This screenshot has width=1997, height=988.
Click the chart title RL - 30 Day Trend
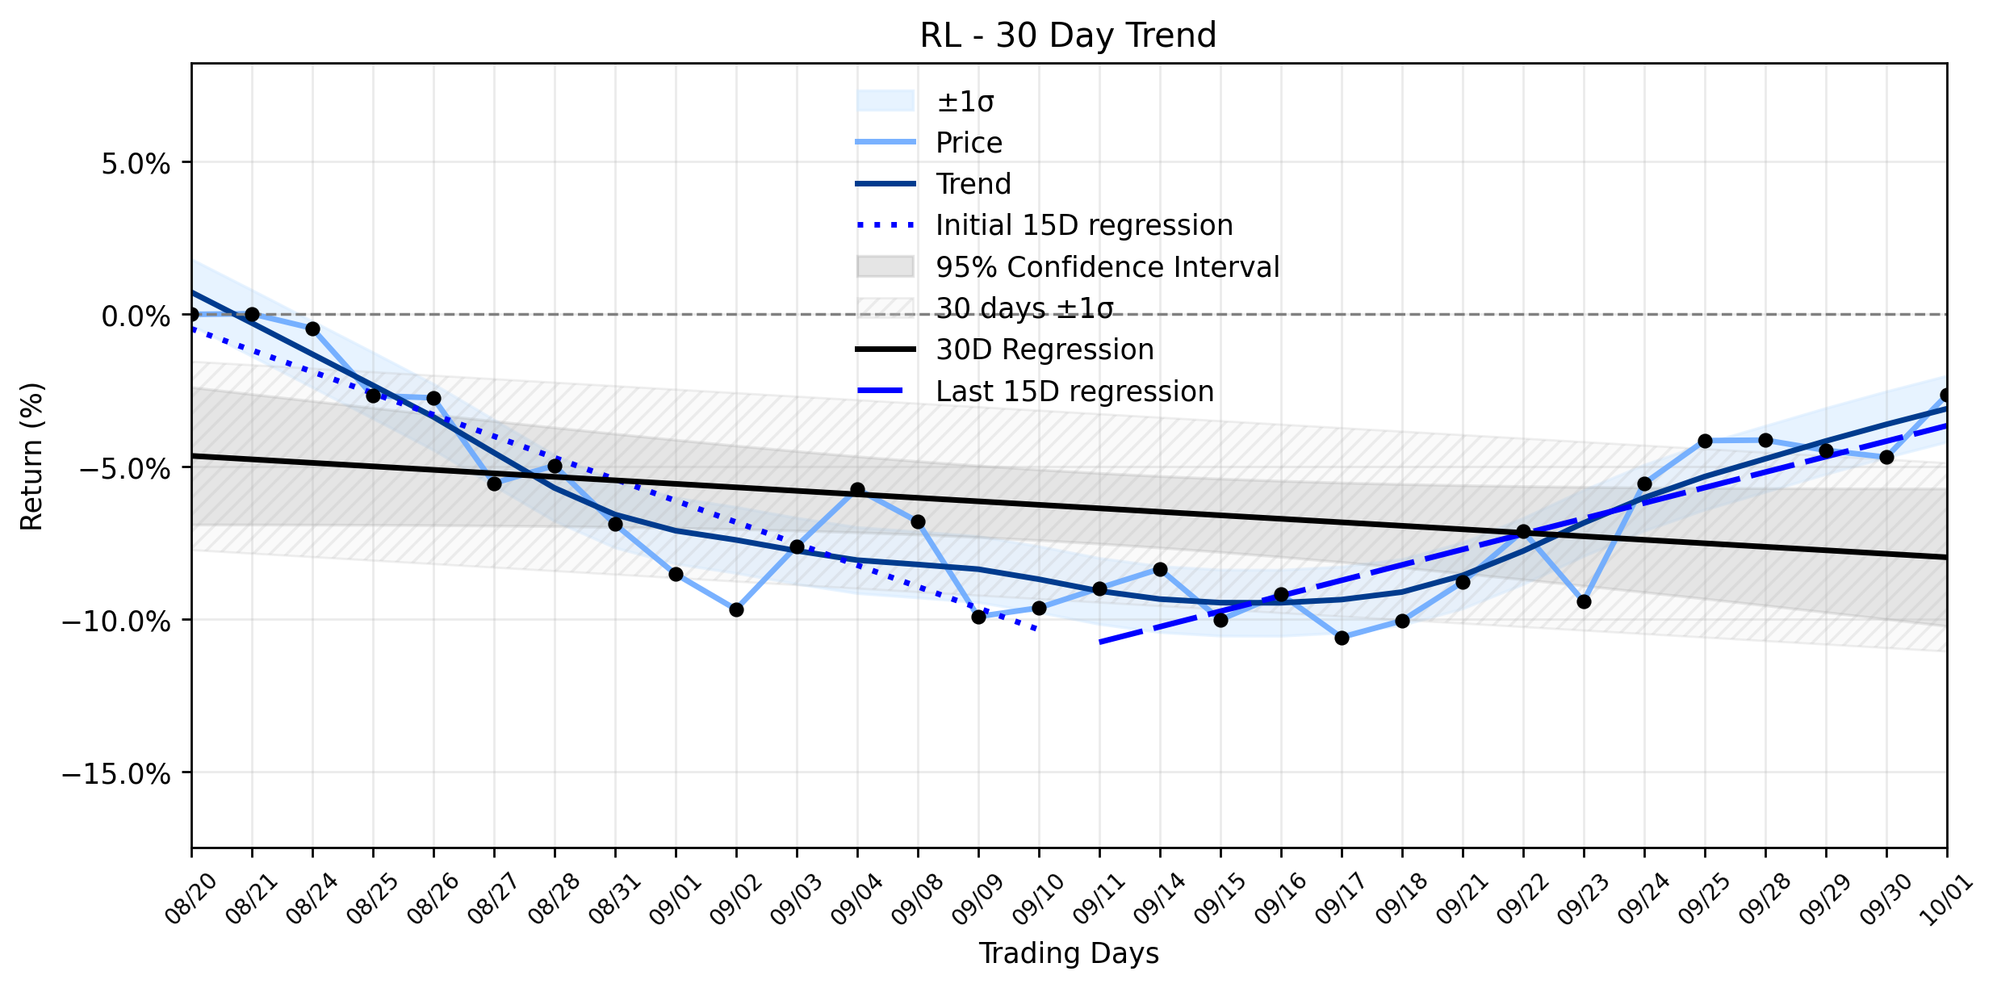pos(1068,36)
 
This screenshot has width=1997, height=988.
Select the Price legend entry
pos(929,143)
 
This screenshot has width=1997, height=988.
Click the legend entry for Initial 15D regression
pos(1045,225)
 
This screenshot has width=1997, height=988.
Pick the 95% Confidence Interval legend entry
pos(1068,267)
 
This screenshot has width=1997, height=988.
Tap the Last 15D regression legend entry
pos(1035,391)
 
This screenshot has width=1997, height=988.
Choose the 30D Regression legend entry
pos(1005,350)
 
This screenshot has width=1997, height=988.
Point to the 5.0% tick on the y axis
pos(136,163)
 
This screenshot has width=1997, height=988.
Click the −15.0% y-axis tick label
pos(116,773)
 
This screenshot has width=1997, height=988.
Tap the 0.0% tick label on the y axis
pos(136,316)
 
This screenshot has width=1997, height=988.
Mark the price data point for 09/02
pos(736,609)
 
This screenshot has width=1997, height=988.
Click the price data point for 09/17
pos(1342,638)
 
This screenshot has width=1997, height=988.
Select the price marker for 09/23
pos(1584,601)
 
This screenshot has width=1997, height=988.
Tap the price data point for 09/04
pos(857,490)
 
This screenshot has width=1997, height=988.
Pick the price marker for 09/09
pos(978,617)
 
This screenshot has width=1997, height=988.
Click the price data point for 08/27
pos(494,484)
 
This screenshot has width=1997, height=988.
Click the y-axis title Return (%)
pos(32,456)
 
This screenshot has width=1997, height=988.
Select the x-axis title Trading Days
pos(1069,953)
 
